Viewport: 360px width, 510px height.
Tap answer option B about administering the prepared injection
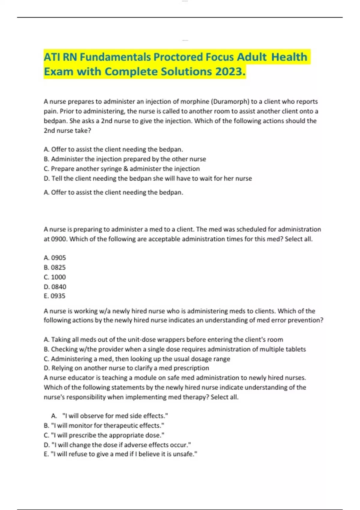point(125,159)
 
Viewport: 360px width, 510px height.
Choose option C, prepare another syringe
point(121,169)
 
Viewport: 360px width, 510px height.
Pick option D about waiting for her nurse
point(148,178)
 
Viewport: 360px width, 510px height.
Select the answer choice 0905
point(55,258)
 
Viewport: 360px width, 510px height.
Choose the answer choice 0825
point(55,267)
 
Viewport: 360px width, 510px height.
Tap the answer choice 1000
point(55,277)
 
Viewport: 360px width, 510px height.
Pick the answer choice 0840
point(55,286)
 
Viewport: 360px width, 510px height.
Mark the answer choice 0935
point(55,296)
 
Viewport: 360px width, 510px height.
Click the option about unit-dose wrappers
point(163,340)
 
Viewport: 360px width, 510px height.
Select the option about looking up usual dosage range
point(137,359)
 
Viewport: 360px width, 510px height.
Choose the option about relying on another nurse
point(126,368)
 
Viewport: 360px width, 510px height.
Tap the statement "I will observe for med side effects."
point(115,416)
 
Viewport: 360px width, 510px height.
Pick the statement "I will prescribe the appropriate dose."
point(104,435)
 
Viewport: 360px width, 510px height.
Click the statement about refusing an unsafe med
point(120,454)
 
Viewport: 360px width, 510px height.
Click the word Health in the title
point(289,57)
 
